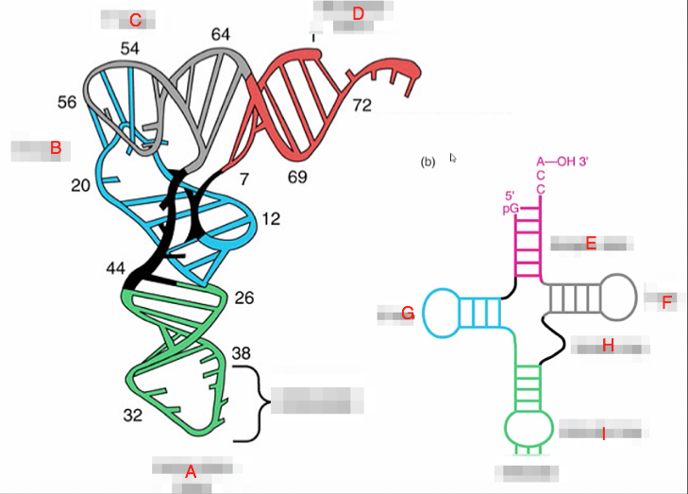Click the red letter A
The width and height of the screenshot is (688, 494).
pyautogui.click(x=191, y=472)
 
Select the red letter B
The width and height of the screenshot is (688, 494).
pyautogui.click(x=55, y=148)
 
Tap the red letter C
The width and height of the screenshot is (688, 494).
pyautogui.click(x=135, y=20)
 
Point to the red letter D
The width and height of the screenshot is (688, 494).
pyautogui.click(x=357, y=14)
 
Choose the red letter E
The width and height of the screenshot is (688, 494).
pyautogui.click(x=591, y=244)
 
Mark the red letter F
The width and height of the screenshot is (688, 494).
pyautogui.click(x=666, y=302)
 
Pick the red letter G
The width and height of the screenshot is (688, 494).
pyautogui.click(x=408, y=314)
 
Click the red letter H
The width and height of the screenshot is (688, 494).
pyautogui.click(x=608, y=347)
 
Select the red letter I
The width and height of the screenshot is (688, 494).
pyautogui.click(x=603, y=434)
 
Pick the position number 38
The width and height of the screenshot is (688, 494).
pyautogui.click(x=242, y=353)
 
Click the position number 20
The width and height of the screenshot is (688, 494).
pyautogui.click(x=80, y=185)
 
